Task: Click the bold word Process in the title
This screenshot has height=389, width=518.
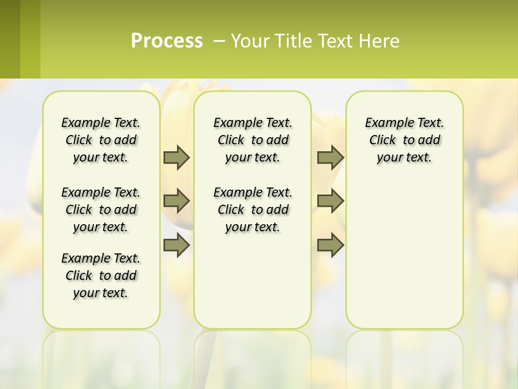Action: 167,41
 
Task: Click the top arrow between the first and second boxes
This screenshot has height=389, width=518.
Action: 176,157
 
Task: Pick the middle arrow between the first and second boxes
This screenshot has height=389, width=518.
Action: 176,201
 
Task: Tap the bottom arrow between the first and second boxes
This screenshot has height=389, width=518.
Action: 176,245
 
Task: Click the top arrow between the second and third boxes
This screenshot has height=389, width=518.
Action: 330,157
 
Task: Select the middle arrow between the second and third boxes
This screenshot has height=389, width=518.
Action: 330,201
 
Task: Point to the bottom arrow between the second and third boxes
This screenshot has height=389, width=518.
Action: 330,245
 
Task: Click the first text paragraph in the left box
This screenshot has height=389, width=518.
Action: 101,140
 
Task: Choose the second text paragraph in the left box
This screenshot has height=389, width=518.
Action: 101,210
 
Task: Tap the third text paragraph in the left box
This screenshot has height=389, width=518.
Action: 101,276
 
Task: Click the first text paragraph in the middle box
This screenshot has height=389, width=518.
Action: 253,140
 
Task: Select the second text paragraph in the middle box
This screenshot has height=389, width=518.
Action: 253,210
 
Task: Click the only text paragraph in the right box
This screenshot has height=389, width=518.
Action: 404,140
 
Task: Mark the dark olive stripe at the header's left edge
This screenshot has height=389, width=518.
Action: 10,39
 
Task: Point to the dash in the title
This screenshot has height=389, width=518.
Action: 219,41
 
